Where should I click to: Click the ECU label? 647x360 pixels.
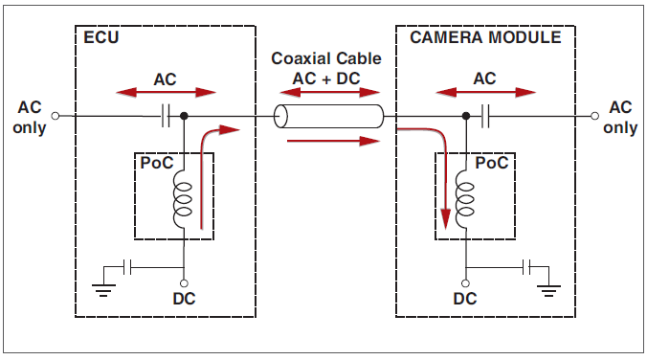click(x=101, y=37)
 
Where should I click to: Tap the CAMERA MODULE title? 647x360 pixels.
click(x=485, y=37)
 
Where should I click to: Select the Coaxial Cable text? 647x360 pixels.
click(x=326, y=58)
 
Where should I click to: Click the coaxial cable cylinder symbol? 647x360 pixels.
click(x=329, y=116)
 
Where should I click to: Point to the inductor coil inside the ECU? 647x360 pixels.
click(x=183, y=199)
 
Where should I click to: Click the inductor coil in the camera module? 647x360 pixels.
click(x=464, y=199)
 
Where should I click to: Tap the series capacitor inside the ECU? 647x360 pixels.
click(x=165, y=116)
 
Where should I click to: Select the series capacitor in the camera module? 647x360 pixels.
click(x=485, y=116)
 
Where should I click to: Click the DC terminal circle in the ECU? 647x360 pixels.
click(x=184, y=283)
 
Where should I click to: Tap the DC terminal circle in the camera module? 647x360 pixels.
click(x=465, y=283)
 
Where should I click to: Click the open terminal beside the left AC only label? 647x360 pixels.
click(x=56, y=116)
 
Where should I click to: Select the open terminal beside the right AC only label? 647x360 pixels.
click(x=594, y=116)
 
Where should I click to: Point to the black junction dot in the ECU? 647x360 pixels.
click(x=184, y=116)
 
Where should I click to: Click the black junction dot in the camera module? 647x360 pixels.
click(x=466, y=116)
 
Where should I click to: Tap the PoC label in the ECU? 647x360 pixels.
click(x=157, y=163)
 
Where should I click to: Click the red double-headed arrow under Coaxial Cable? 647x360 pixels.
click(x=329, y=92)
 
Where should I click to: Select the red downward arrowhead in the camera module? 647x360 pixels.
click(x=446, y=219)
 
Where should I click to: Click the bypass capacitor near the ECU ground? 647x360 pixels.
click(x=127, y=267)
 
